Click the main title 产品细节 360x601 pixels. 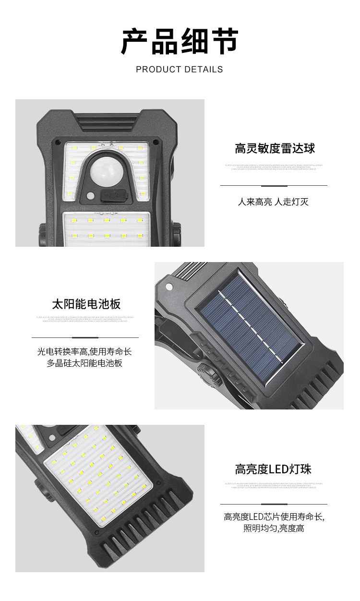coord(180,42)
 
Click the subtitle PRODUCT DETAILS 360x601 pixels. coord(180,70)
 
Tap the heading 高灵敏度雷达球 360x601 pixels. coord(275,148)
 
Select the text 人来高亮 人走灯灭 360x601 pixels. coord(273,202)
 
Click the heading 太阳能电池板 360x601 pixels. coord(86,304)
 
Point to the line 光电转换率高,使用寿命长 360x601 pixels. coord(84,352)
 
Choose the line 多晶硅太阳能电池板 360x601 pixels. coord(84,363)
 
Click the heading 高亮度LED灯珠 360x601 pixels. coord(273,469)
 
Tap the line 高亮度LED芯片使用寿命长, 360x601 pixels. coord(274,517)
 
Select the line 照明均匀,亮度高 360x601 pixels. coord(274,529)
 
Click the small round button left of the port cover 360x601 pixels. coord(90,195)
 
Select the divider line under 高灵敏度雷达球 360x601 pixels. coord(274,185)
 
